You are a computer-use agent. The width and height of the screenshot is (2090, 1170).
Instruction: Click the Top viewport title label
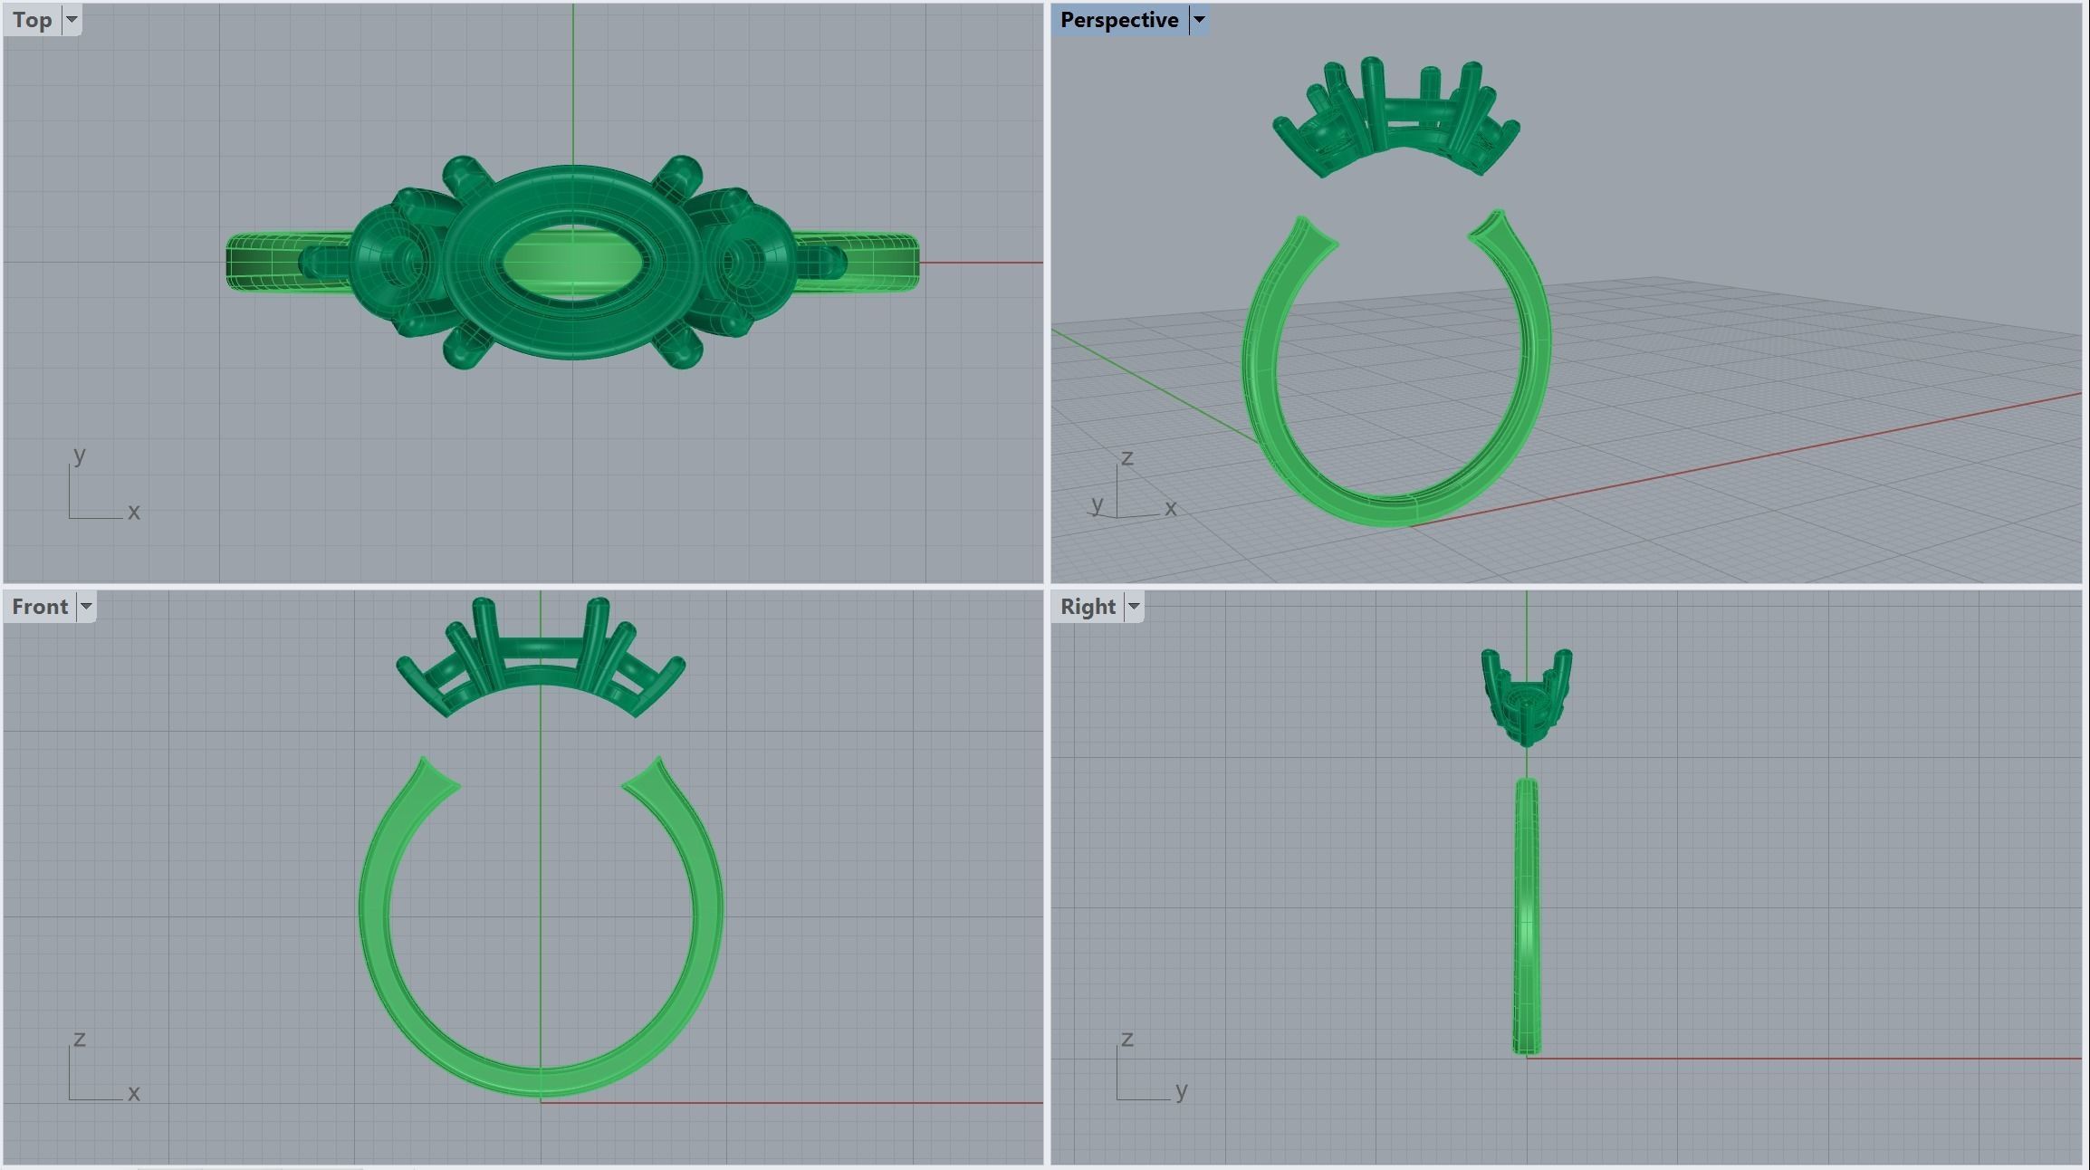(33, 20)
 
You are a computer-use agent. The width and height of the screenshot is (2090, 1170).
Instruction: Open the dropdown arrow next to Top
(72, 20)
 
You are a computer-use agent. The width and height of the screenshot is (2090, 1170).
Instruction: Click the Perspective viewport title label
(1118, 20)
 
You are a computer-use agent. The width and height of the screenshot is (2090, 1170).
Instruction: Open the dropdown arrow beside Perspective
(1198, 20)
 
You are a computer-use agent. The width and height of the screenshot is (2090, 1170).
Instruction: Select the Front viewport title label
(40, 607)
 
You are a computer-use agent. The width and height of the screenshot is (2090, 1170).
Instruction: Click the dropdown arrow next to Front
(86, 607)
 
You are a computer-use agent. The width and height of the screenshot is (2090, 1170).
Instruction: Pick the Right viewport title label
(1088, 607)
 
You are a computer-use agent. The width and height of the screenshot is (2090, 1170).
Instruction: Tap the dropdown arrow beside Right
(1133, 607)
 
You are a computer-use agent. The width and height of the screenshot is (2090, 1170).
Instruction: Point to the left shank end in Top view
(237, 263)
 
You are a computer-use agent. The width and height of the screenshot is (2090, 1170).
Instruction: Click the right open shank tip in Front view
(656, 765)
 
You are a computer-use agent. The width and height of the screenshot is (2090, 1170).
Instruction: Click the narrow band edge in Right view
(1527, 915)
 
